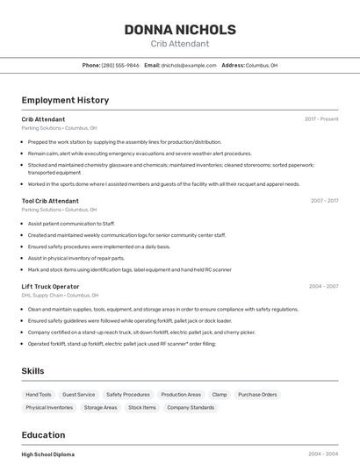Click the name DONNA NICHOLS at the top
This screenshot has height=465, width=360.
179,29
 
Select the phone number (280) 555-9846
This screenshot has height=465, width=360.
120,65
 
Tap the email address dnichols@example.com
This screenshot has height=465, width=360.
189,65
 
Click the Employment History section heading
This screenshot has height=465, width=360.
65,100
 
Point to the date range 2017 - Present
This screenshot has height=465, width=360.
321,118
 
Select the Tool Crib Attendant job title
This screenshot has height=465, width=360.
50,201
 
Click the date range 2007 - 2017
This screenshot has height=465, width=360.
324,201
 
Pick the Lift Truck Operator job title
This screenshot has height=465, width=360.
50,286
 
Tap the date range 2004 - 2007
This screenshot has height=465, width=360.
324,286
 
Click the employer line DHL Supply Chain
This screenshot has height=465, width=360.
60,296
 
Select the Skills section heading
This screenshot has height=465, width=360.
33,371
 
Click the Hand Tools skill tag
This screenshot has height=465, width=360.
39,395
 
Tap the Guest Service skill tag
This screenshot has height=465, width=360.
79,395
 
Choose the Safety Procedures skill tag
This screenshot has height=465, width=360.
128,395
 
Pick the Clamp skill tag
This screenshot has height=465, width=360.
220,395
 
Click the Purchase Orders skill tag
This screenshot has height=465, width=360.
257,395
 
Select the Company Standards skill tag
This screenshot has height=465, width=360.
191,407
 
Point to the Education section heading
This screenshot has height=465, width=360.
43,435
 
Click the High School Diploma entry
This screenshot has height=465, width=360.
47,454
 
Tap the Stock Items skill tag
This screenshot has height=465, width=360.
142,407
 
